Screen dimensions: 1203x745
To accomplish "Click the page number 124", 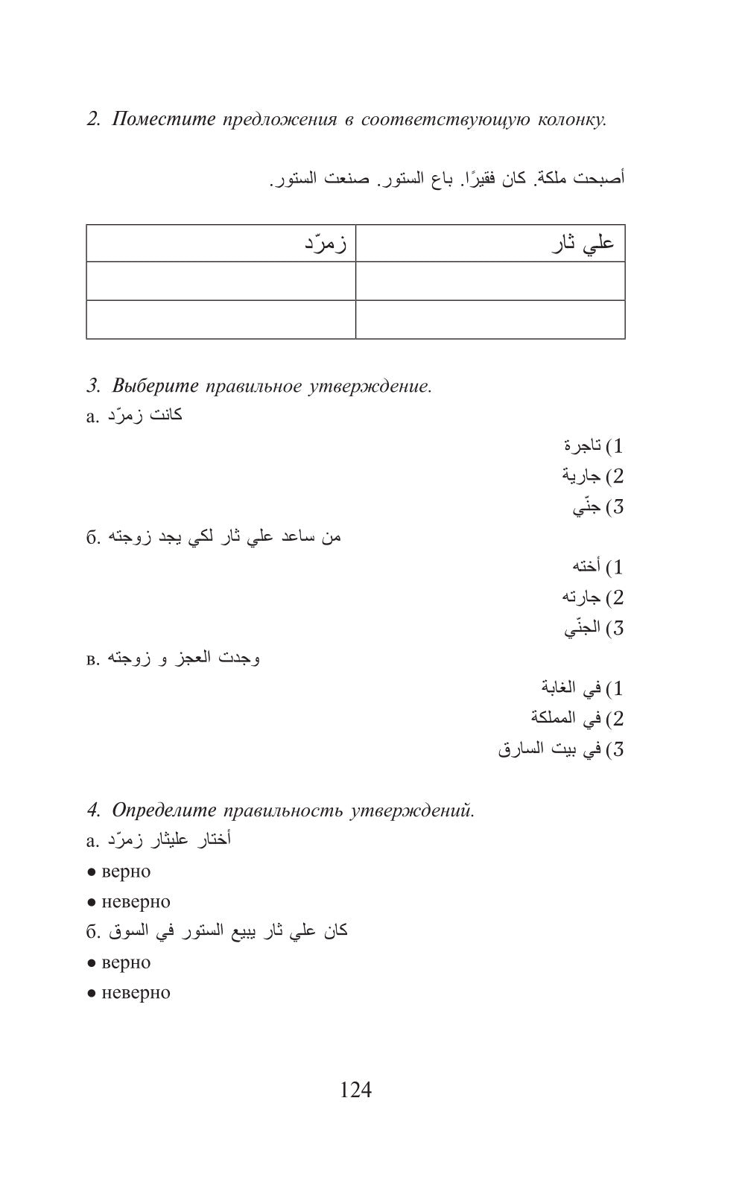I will click(x=355, y=1090).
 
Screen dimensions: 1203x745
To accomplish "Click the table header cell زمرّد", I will click(x=221, y=244).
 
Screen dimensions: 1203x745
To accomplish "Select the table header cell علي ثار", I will click(x=490, y=244).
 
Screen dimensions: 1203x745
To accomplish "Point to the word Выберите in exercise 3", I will click(x=156, y=386).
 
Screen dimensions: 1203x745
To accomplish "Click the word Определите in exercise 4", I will click(x=164, y=810).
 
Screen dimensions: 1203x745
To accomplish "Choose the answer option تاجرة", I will click(x=582, y=446).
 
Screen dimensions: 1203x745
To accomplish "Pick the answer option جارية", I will click(x=581, y=476).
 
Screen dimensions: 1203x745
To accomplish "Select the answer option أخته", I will click(x=586, y=568).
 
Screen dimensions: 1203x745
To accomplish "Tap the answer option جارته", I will click(x=581, y=597).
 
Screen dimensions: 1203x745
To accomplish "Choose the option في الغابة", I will click(x=571, y=688).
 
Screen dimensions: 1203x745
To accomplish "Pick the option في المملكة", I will click(x=565, y=719).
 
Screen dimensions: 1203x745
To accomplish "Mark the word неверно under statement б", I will click(x=136, y=993).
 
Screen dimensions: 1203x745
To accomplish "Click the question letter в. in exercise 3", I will click(x=92, y=659).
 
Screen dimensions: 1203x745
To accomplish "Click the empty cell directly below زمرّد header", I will click(x=221, y=281).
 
